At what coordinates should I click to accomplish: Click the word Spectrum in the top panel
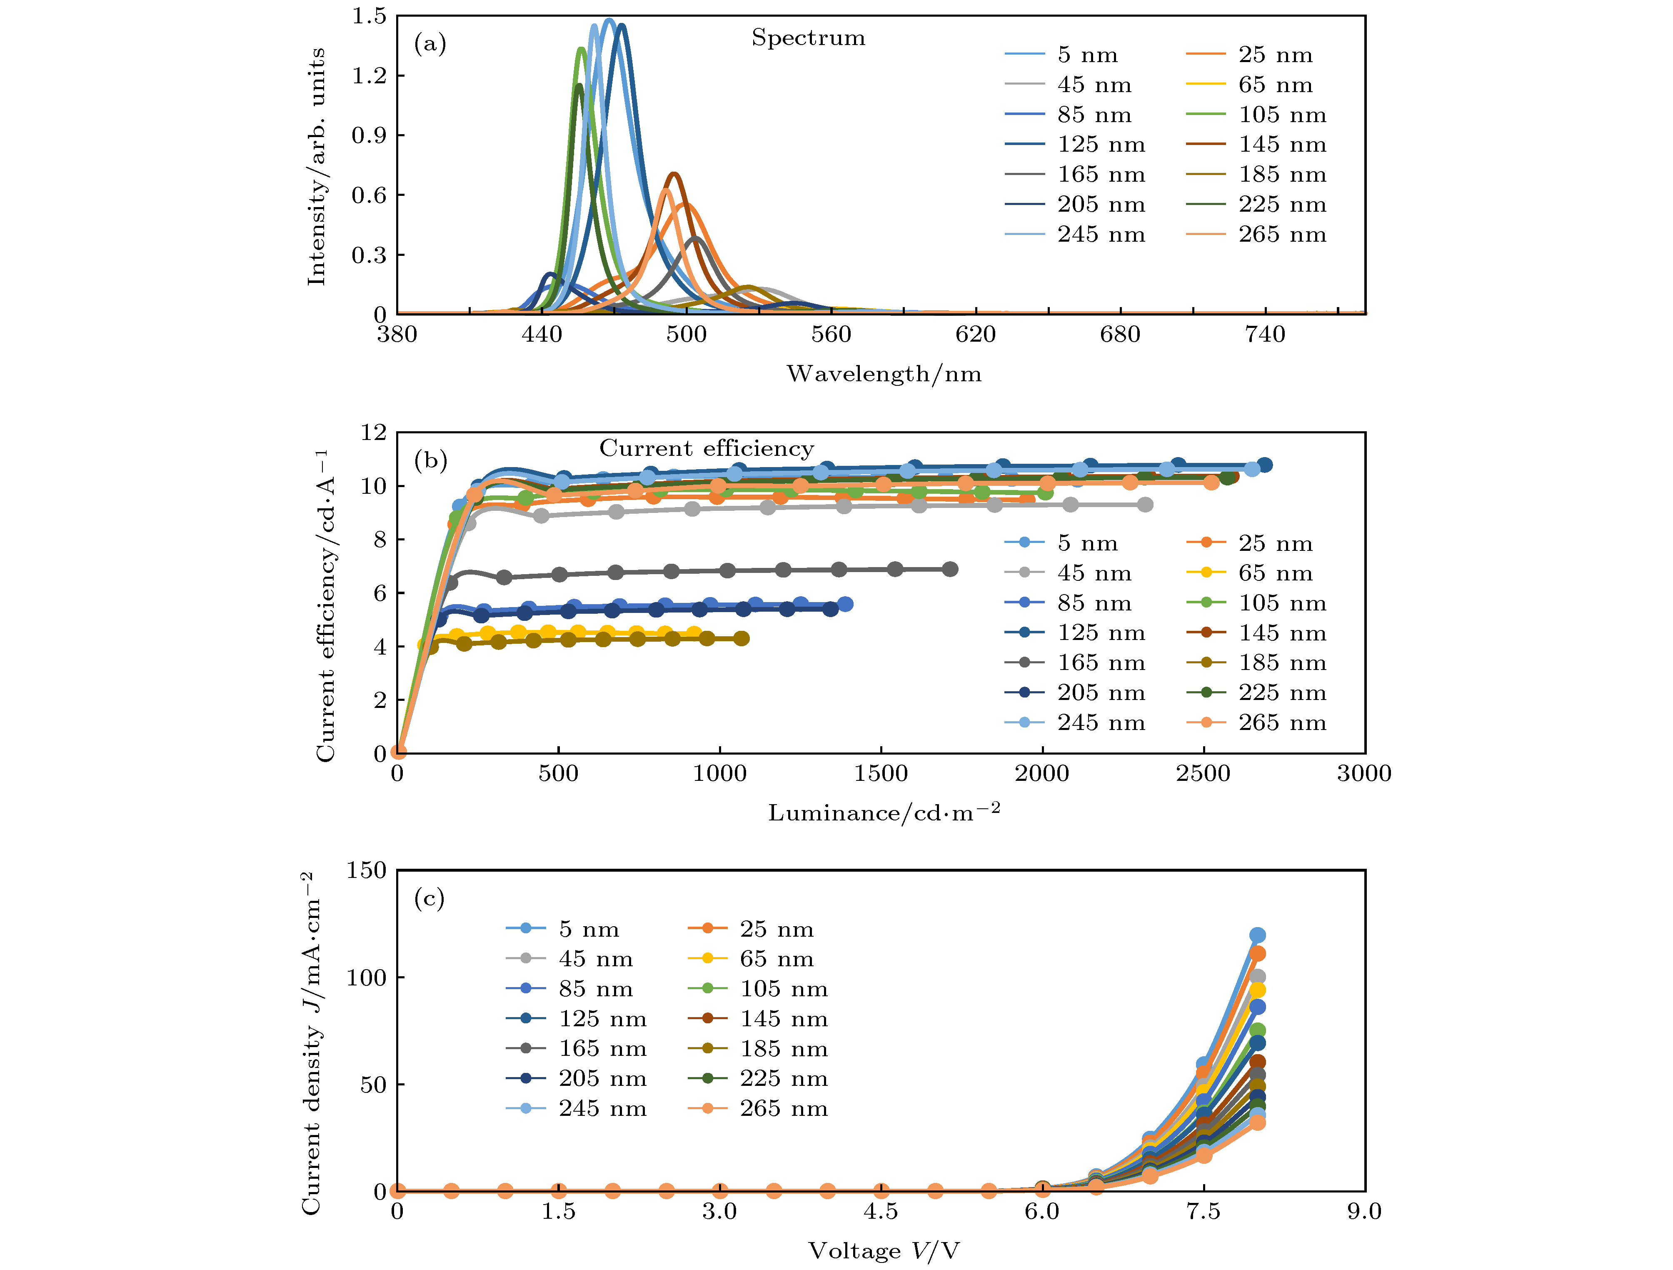pyautogui.click(x=808, y=38)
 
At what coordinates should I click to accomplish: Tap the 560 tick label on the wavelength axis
pyautogui.click(x=831, y=334)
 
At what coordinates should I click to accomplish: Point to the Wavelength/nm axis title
pyautogui.click(x=884, y=374)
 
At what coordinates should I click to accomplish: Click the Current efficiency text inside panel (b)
pyautogui.click(x=707, y=449)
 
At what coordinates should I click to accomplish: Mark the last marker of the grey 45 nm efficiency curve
pyautogui.click(x=1145, y=505)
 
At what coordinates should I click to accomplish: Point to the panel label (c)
pyautogui.click(x=429, y=899)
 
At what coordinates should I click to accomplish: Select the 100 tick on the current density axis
pyautogui.click(x=366, y=977)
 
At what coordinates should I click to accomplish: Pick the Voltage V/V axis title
pyautogui.click(x=884, y=1250)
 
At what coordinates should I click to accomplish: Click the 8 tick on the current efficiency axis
pyautogui.click(x=379, y=539)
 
